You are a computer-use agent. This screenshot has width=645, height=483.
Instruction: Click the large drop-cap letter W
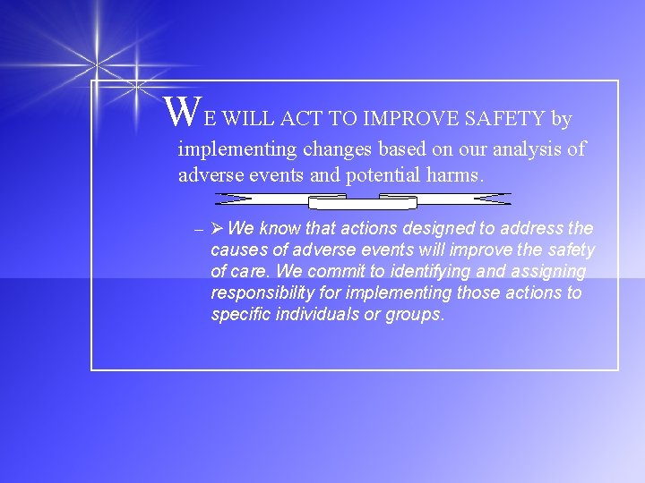[184, 111]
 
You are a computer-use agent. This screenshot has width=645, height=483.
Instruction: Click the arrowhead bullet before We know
[217, 229]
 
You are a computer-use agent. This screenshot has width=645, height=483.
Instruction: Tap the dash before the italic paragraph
[199, 230]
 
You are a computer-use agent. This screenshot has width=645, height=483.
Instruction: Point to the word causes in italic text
[237, 250]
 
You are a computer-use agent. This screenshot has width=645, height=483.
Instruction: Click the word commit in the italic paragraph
[338, 271]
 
